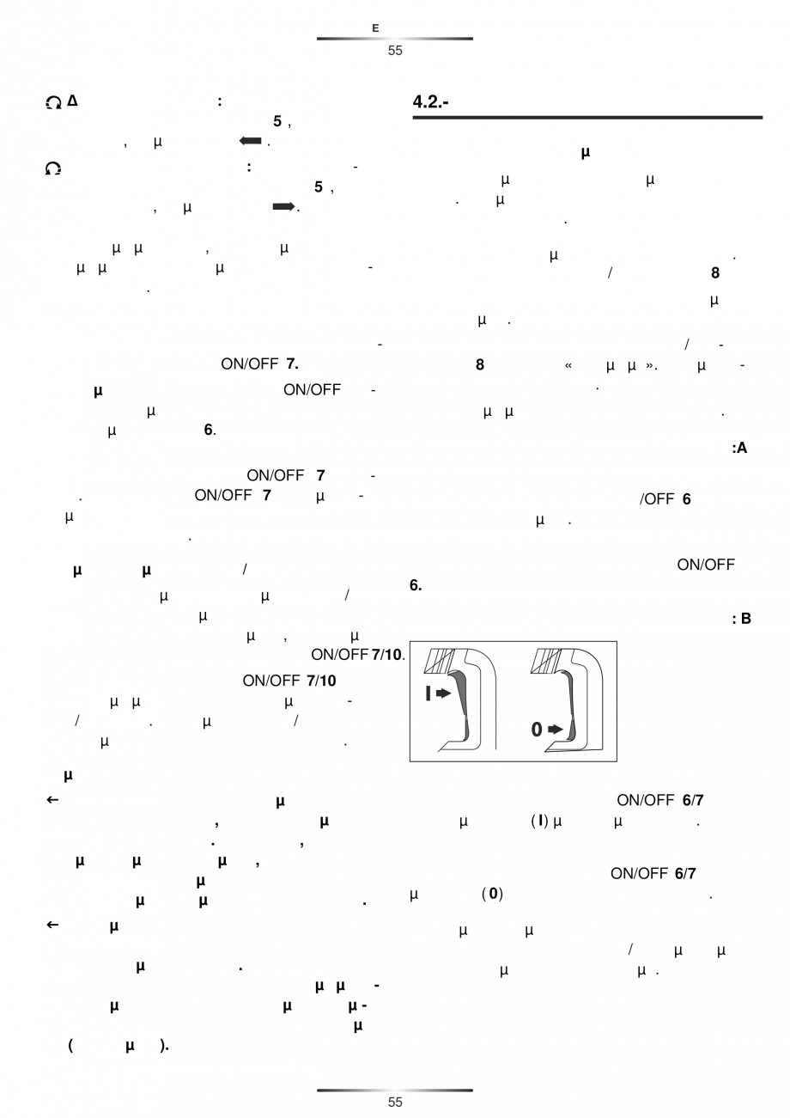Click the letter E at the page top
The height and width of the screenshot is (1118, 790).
point(375,28)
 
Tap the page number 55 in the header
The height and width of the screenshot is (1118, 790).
point(395,51)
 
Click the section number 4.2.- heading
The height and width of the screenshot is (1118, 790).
point(433,101)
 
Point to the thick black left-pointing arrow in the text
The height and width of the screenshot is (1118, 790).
point(250,142)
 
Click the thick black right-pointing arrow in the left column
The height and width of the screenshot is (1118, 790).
point(283,207)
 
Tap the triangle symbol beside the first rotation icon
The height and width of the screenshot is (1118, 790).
point(72,101)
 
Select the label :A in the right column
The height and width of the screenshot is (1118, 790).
point(740,448)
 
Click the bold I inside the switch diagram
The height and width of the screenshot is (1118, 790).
point(428,693)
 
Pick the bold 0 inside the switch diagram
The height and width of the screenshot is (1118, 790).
point(536,730)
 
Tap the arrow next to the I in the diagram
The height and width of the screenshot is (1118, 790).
point(443,693)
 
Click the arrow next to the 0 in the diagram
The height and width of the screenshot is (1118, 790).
point(556,730)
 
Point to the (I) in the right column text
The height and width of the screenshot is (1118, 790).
point(539,822)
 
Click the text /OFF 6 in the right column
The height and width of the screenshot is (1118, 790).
point(665,499)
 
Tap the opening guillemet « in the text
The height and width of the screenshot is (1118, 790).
point(568,365)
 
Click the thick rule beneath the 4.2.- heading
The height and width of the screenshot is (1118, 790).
point(587,118)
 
